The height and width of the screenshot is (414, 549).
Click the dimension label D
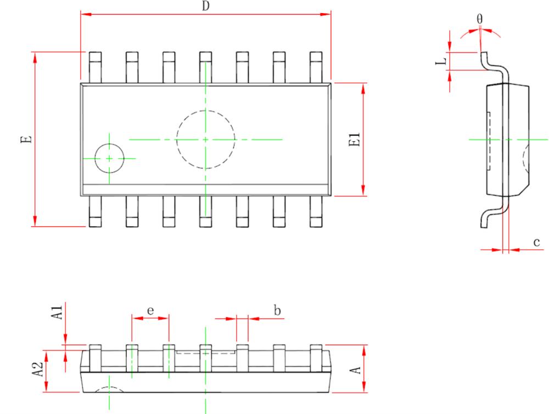pyautogui.click(x=205, y=6)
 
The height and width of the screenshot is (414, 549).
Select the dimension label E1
pyautogui.click(x=355, y=139)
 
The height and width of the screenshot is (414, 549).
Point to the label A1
pyautogui.click(x=57, y=312)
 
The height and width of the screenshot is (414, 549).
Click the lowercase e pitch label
pyautogui.click(x=150, y=310)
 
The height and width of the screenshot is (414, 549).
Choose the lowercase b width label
pyautogui.click(x=277, y=310)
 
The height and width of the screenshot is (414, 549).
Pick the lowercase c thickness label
pyautogui.click(x=536, y=242)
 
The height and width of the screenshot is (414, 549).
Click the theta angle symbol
pyautogui.click(x=479, y=19)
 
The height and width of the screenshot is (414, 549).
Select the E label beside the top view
pyautogui.click(x=26, y=139)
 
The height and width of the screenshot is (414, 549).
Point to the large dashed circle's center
pyautogui.click(x=205, y=139)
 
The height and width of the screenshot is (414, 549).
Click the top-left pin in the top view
pyautogui.click(x=95, y=67)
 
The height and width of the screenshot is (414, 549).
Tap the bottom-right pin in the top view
pyautogui.click(x=316, y=211)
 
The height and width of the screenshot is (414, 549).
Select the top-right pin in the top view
pyautogui.click(x=316, y=67)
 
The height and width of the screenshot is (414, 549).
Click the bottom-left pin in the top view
pyautogui.click(x=95, y=211)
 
